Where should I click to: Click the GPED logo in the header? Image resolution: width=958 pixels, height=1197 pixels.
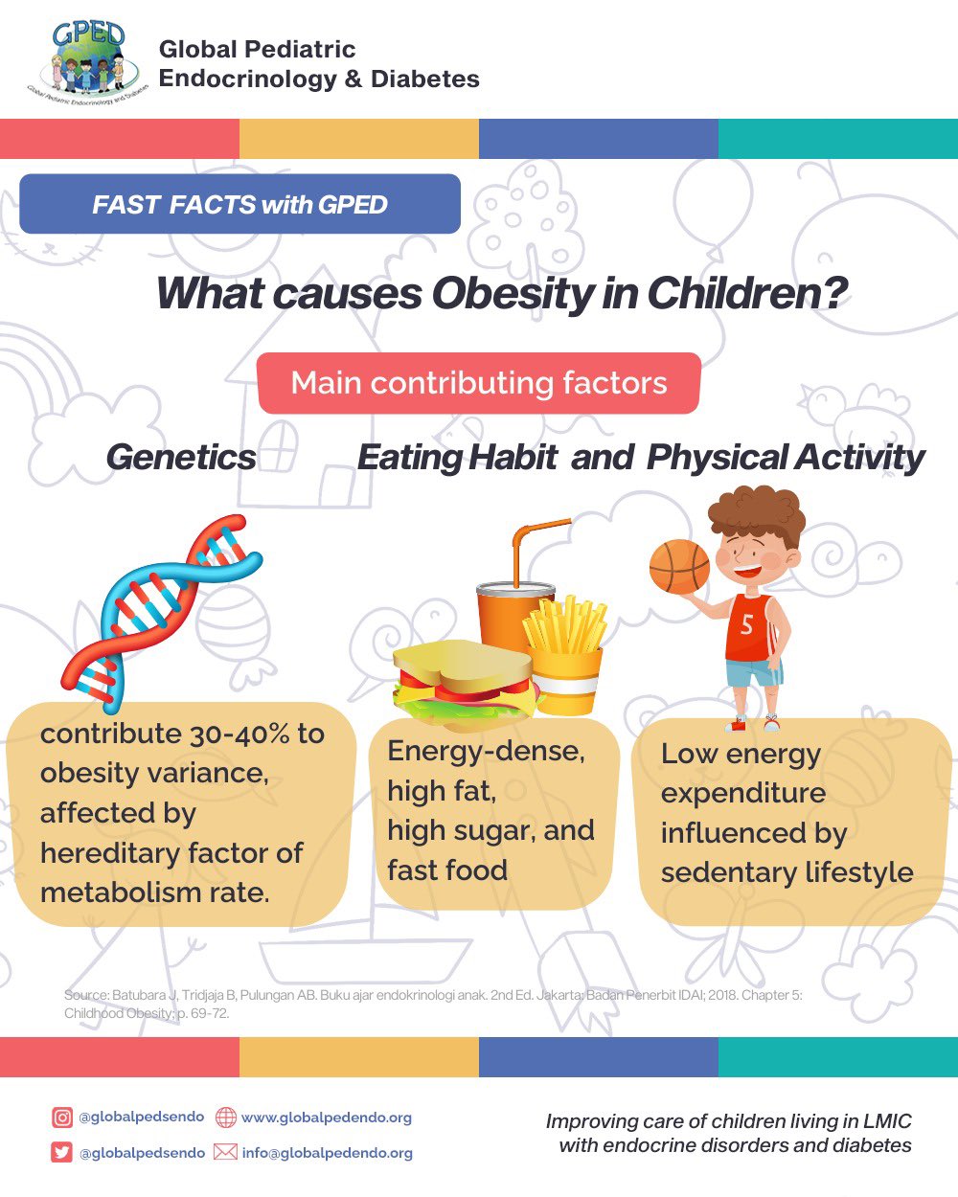click(x=87, y=62)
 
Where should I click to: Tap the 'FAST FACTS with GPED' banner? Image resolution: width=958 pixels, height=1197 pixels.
click(x=239, y=204)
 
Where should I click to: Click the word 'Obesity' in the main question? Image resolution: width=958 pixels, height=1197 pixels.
click(x=513, y=293)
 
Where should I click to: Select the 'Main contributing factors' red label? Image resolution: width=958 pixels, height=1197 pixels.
click(x=479, y=383)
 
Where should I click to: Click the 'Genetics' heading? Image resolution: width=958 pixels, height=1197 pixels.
click(x=181, y=457)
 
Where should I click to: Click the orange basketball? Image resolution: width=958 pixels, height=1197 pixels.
click(x=679, y=566)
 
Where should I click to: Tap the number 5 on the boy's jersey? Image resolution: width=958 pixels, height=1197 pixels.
click(x=747, y=625)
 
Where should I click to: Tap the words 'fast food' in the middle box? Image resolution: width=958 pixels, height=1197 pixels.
click(x=447, y=870)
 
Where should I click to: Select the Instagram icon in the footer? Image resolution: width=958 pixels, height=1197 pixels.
click(x=62, y=1117)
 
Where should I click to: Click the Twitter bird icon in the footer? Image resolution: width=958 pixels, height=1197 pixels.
click(x=62, y=1152)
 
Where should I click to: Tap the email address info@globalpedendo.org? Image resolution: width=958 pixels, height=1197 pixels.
click(x=327, y=1153)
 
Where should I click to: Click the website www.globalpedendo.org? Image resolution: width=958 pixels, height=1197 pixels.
click(x=326, y=1118)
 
